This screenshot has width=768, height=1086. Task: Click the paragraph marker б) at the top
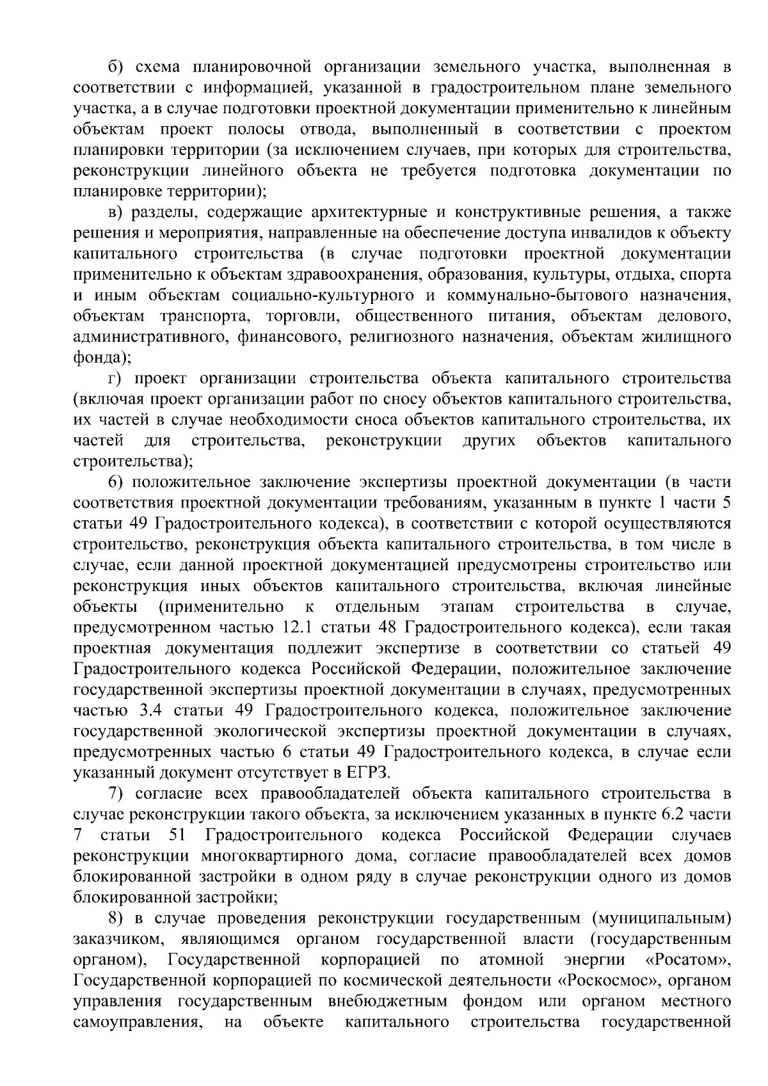click(x=115, y=67)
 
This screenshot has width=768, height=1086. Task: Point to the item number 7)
click(x=115, y=794)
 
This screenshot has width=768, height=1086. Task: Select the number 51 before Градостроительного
click(x=179, y=836)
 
